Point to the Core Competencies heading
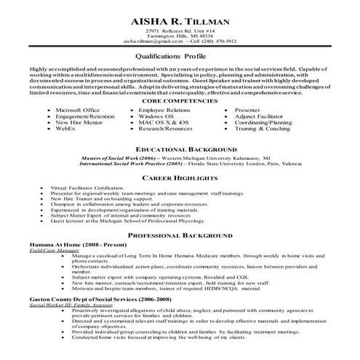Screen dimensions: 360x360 pyautogui.click(x=179, y=101)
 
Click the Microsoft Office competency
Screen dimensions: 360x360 pyautogui.click(x=78, y=109)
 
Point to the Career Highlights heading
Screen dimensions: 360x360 pyautogui.click(x=180, y=177)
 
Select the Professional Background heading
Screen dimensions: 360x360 pyautogui.click(x=180, y=236)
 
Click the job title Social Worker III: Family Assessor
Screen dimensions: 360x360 pyautogui.click(x=73, y=305)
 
